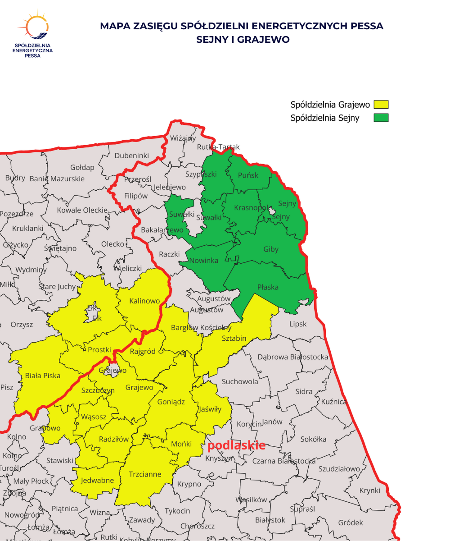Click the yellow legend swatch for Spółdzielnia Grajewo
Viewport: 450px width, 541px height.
[x=381, y=105]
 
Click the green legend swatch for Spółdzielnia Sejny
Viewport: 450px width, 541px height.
[x=381, y=118]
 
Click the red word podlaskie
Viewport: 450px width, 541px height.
[x=236, y=445]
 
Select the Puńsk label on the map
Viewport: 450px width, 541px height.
[x=248, y=175]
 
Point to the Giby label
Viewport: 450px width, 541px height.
[x=271, y=249]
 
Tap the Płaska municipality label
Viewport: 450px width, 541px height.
[x=268, y=287]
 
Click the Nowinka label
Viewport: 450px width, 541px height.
[x=203, y=260]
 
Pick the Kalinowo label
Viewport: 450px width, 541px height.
[x=144, y=301]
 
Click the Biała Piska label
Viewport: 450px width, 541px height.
[x=43, y=375]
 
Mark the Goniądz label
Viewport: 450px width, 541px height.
[x=171, y=402]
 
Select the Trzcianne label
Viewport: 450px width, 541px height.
[x=145, y=474]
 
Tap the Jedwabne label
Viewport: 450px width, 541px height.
[x=97, y=480]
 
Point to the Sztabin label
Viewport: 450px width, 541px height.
[x=234, y=338]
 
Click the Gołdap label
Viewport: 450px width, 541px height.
[x=82, y=167]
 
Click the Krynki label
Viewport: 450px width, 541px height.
[x=370, y=491]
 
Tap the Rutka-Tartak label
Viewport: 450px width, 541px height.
[x=218, y=147]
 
